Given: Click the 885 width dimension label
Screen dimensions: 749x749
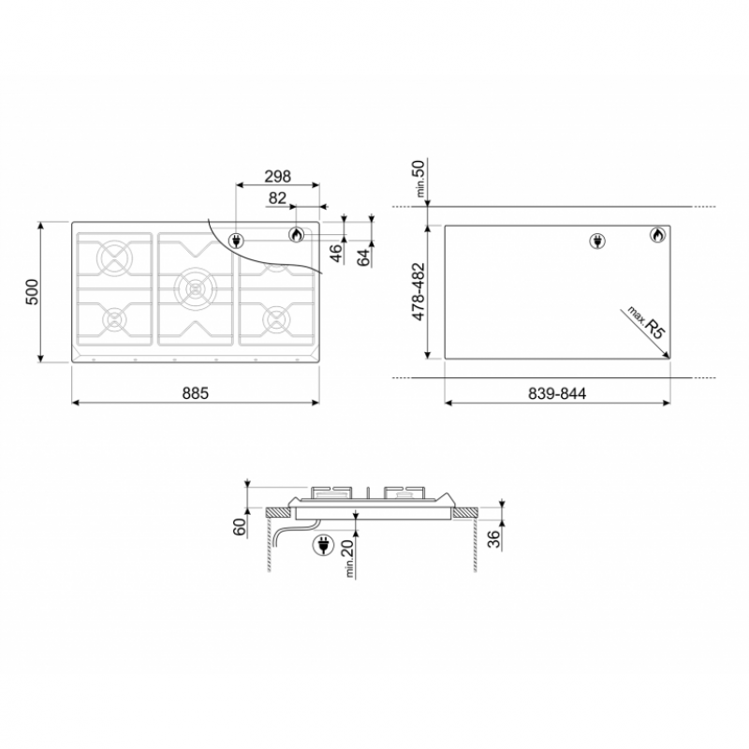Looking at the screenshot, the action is (196, 393).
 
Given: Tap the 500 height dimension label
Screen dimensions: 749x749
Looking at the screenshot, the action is (33, 292).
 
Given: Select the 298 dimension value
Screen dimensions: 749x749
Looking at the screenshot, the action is (277, 177).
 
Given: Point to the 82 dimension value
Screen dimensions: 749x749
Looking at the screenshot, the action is (277, 198).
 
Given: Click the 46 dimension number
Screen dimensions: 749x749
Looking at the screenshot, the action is (337, 253).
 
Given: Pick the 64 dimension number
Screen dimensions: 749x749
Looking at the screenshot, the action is (364, 257).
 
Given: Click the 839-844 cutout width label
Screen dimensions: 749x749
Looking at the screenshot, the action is (557, 393).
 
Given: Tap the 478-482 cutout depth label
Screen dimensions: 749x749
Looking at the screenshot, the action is (418, 291).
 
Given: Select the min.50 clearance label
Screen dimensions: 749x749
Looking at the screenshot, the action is (419, 178).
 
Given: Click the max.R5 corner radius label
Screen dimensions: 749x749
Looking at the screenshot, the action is (646, 323).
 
